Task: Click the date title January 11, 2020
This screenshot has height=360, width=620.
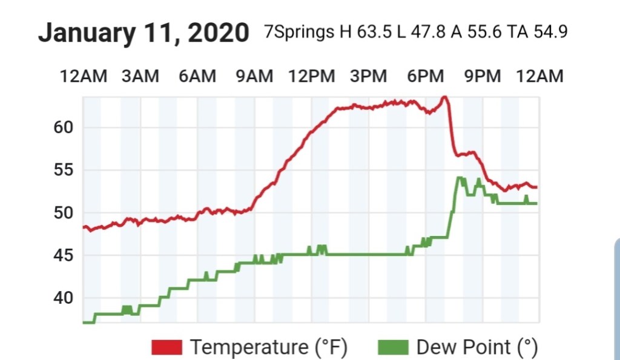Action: [143, 33]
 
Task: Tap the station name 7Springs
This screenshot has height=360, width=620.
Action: [298, 31]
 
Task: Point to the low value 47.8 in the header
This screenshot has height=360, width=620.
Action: [427, 31]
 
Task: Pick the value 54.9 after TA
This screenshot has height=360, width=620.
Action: [550, 31]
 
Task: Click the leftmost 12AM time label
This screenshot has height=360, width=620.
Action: [84, 76]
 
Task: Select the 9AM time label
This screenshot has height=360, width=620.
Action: [254, 76]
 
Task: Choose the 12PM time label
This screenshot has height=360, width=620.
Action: [311, 76]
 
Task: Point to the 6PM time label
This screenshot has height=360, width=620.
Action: [425, 76]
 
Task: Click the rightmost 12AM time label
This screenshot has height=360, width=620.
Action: [539, 76]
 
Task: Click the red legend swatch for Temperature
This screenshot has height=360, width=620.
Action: [167, 347]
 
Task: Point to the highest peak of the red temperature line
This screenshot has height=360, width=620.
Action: [444, 97]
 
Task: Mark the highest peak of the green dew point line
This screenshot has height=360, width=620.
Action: [460, 178]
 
